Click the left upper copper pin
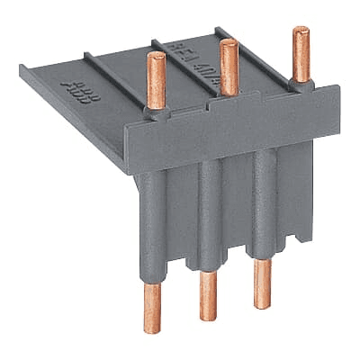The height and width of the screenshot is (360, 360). [x=155, y=79]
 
